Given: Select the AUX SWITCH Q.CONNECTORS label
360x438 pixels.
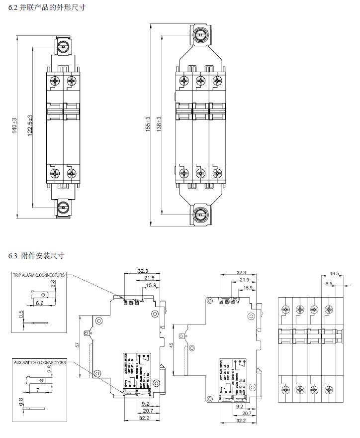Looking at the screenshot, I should coord(39,363).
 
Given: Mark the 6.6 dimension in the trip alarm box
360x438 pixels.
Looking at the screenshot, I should coord(39,303).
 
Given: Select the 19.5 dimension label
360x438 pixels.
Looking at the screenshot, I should coord(334,273).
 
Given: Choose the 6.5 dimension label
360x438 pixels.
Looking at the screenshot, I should coord(328,284).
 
